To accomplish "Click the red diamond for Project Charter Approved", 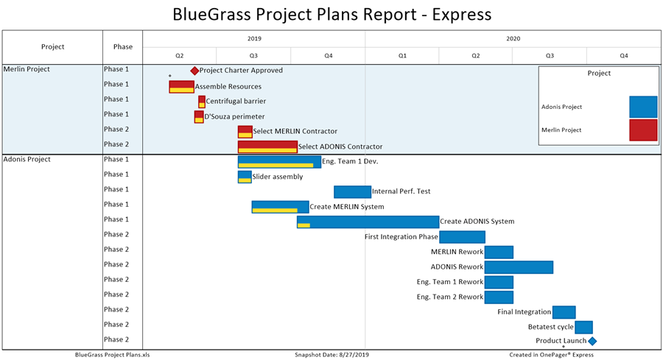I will pos(194,71).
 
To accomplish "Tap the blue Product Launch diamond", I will pos(592,341).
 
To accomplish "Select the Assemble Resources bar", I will pos(181,86).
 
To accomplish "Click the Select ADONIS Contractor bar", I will pos(267,147).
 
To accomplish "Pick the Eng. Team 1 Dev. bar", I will pos(279,161).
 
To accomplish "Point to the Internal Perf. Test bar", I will pos(352,191).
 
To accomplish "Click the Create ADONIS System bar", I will pos(368,222).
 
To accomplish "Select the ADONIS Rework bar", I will pos(519,267).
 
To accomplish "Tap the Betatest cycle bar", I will pos(583,327).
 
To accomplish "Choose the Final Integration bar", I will pos(564,312).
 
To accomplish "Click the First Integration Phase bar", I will pos(462,237).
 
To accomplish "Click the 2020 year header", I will pos(513,38).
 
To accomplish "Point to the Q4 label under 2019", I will pos(328,56).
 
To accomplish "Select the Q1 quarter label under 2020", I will pos(402,56).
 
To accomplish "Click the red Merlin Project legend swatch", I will pos(643,130).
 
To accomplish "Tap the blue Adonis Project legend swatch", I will pos(643,107).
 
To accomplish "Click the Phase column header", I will pos(123,47).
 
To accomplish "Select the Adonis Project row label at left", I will pos(27,159).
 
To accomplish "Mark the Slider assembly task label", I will pos(277,177).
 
